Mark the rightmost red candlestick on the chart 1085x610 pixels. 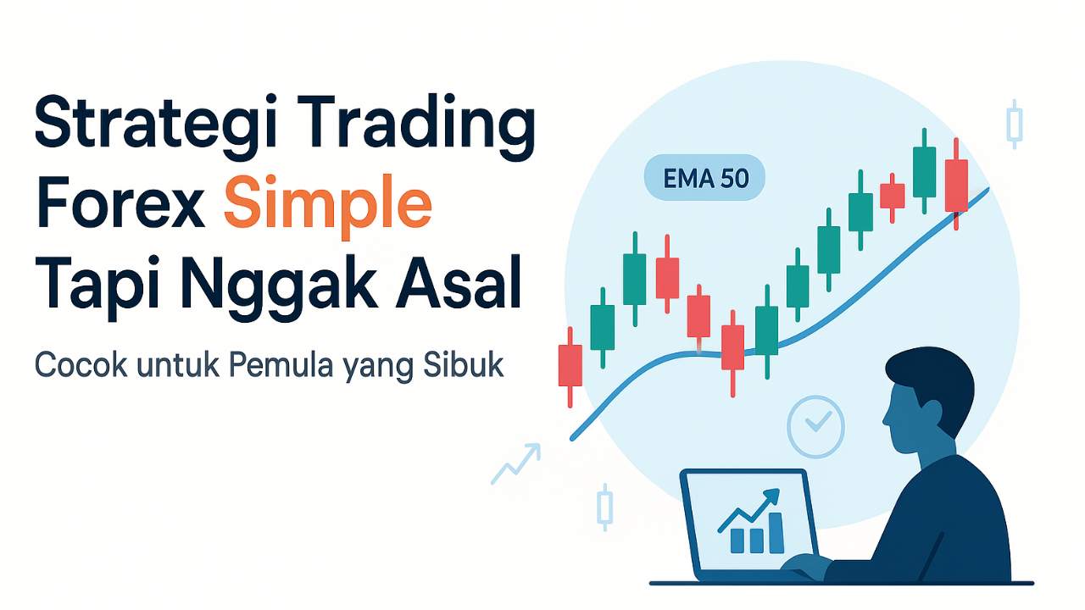pyautogui.click(x=955, y=184)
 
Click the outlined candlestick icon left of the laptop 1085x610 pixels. pyautogui.click(x=604, y=507)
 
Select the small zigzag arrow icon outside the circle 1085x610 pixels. pyautogui.click(x=515, y=463)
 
